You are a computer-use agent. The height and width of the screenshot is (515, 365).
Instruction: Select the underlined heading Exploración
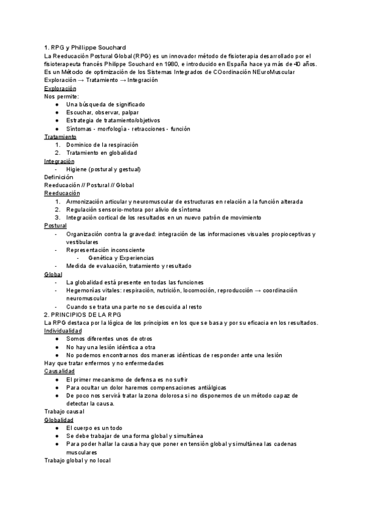point(60,88)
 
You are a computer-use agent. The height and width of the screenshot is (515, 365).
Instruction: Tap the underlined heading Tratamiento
point(60,137)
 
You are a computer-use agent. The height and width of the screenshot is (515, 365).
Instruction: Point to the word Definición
point(58,177)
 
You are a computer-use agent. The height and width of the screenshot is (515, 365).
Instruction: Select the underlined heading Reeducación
point(62,193)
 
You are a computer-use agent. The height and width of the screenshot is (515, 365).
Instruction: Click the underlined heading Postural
point(55,226)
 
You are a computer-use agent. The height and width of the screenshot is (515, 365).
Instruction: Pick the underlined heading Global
point(54,275)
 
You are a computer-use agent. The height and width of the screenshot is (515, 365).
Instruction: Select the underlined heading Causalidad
point(60,371)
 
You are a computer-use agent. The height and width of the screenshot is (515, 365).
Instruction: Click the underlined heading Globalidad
point(59,420)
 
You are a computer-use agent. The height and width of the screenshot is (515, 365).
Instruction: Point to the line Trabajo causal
point(64,412)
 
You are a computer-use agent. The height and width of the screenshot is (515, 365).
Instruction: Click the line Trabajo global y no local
point(77,460)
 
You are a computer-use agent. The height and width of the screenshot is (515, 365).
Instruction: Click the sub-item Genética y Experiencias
point(120,258)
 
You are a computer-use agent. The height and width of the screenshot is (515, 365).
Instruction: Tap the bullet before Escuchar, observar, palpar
point(56,112)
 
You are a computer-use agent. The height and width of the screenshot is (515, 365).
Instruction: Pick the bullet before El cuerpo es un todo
point(56,428)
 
